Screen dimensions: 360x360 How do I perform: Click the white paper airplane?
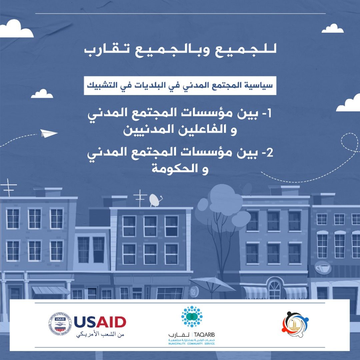(48, 133)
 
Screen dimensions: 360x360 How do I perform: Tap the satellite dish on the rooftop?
(154, 200)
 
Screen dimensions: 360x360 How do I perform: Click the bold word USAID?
(100, 322)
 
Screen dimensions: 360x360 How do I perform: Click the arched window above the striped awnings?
(275, 288)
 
